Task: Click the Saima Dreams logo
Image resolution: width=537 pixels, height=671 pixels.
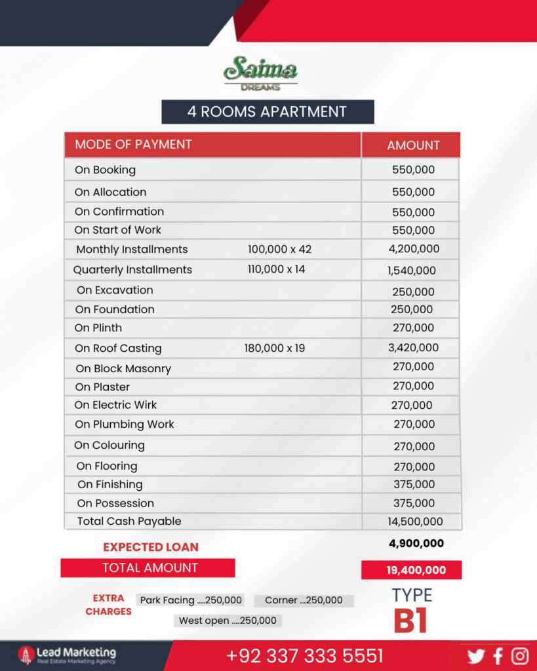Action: [x=260, y=73]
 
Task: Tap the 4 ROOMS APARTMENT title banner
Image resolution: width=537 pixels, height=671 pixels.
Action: [x=268, y=111]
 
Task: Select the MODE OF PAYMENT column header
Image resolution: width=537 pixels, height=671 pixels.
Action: [x=133, y=144]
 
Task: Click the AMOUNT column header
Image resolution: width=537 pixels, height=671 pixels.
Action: [x=413, y=145]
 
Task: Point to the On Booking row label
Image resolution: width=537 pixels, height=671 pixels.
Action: [x=105, y=170]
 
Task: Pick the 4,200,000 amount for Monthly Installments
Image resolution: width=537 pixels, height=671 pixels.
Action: [x=413, y=249]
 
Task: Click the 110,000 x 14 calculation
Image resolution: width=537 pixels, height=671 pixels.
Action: [x=276, y=269]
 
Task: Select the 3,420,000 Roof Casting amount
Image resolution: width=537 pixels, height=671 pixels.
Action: [x=413, y=348]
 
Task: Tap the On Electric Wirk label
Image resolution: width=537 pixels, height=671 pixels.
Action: [x=115, y=405]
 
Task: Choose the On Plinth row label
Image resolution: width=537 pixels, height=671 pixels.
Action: [x=98, y=328]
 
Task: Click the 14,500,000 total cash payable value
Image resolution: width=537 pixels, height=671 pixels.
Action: [x=415, y=522]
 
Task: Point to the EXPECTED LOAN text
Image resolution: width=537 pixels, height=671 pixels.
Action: [x=151, y=547]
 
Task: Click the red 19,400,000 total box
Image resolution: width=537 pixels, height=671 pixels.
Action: [x=412, y=570]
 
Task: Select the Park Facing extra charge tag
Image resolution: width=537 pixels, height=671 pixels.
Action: [x=191, y=600]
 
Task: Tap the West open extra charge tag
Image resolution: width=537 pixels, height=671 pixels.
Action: [x=228, y=621]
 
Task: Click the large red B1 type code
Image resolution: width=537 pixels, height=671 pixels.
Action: [x=410, y=622]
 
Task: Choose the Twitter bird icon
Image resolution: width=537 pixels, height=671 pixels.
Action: [x=476, y=656]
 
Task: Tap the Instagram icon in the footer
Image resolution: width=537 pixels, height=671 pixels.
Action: [x=520, y=656]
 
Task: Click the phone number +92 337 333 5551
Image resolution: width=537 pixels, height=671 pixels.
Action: [x=305, y=656]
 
